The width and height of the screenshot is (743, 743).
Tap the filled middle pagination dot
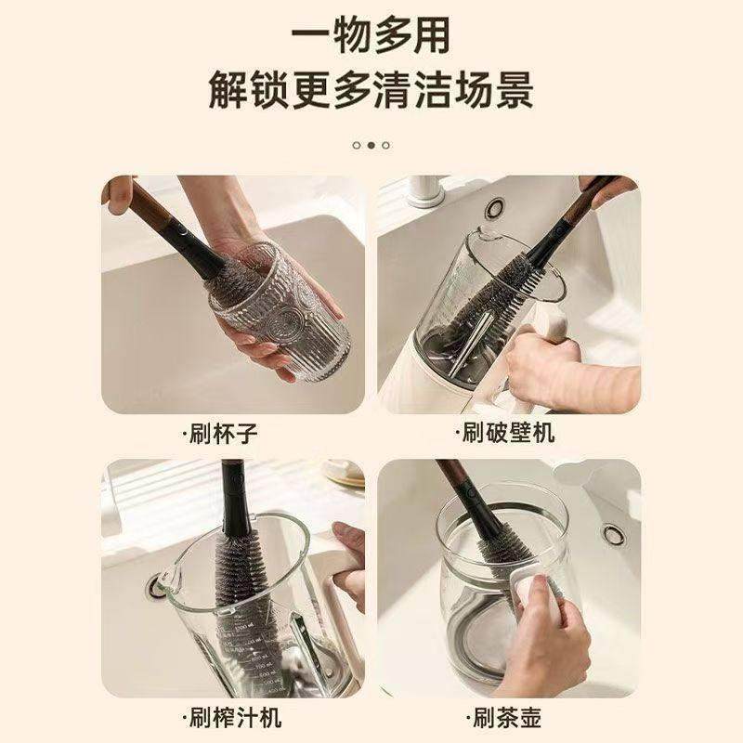coord(371,145)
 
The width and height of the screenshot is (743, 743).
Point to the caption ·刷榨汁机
coord(232,717)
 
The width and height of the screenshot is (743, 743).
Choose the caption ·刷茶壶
coord(505,717)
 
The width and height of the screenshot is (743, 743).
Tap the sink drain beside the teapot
coord(612,534)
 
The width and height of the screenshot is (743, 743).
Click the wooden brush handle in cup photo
coord(153,209)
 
